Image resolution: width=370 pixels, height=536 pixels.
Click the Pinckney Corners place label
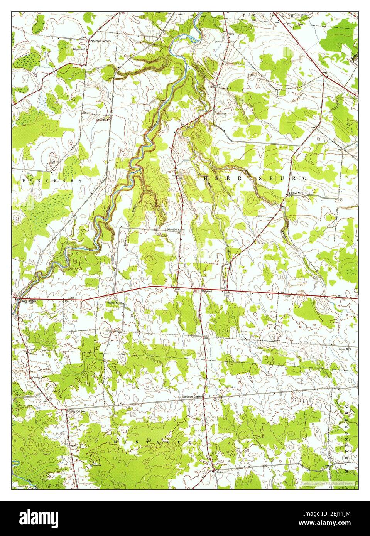pyautogui.click(x=101, y=40)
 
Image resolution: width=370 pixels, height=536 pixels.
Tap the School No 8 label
pyautogui.click(x=79, y=49)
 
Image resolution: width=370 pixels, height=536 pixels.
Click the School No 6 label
pyautogui.click(x=174, y=230)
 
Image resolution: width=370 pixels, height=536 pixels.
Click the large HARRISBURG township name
pyautogui.click(x=255, y=178)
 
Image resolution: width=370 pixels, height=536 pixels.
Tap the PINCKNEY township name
pyautogui.click(x=52, y=180)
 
